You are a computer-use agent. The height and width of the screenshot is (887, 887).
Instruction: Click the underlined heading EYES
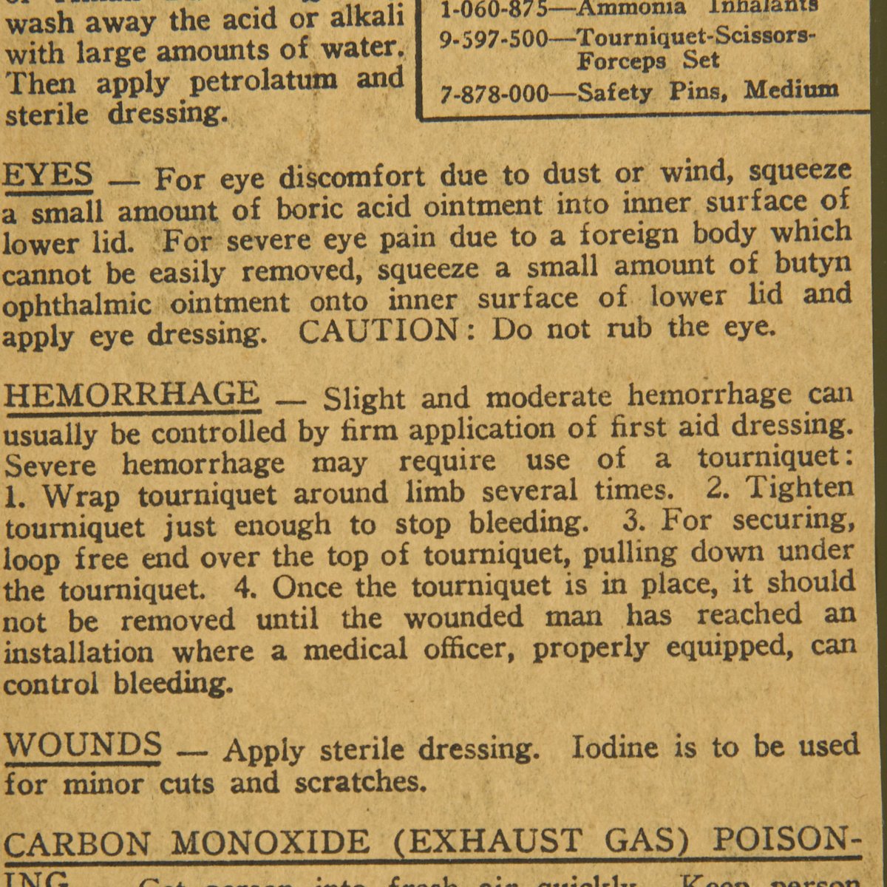(48, 176)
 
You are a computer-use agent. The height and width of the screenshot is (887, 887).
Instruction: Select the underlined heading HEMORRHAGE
(132, 394)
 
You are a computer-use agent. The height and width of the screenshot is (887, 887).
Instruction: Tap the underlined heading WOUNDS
(83, 744)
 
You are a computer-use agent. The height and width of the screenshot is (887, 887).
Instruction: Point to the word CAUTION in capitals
(378, 330)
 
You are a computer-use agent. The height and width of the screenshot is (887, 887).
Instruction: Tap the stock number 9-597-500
(495, 38)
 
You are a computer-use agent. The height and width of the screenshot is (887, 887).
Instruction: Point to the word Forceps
(621, 61)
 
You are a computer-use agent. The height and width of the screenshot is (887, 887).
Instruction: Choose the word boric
(307, 209)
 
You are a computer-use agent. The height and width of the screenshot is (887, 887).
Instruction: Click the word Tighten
(799, 487)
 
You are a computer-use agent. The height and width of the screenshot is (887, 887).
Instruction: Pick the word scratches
(359, 781)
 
